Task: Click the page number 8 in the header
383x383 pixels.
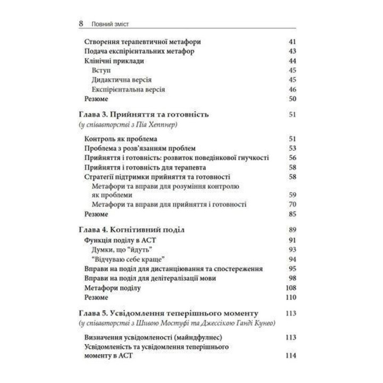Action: point(80,24)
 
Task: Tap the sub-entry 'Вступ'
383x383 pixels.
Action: point(101,70)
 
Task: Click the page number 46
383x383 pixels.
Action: point(292,89)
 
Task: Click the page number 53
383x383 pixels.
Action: point(292,148)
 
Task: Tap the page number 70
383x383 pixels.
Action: point(292,205)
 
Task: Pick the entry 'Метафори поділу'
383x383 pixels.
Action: point(112,288)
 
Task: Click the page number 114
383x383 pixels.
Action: point(290,356)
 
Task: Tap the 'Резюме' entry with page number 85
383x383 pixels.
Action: point(96,214)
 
